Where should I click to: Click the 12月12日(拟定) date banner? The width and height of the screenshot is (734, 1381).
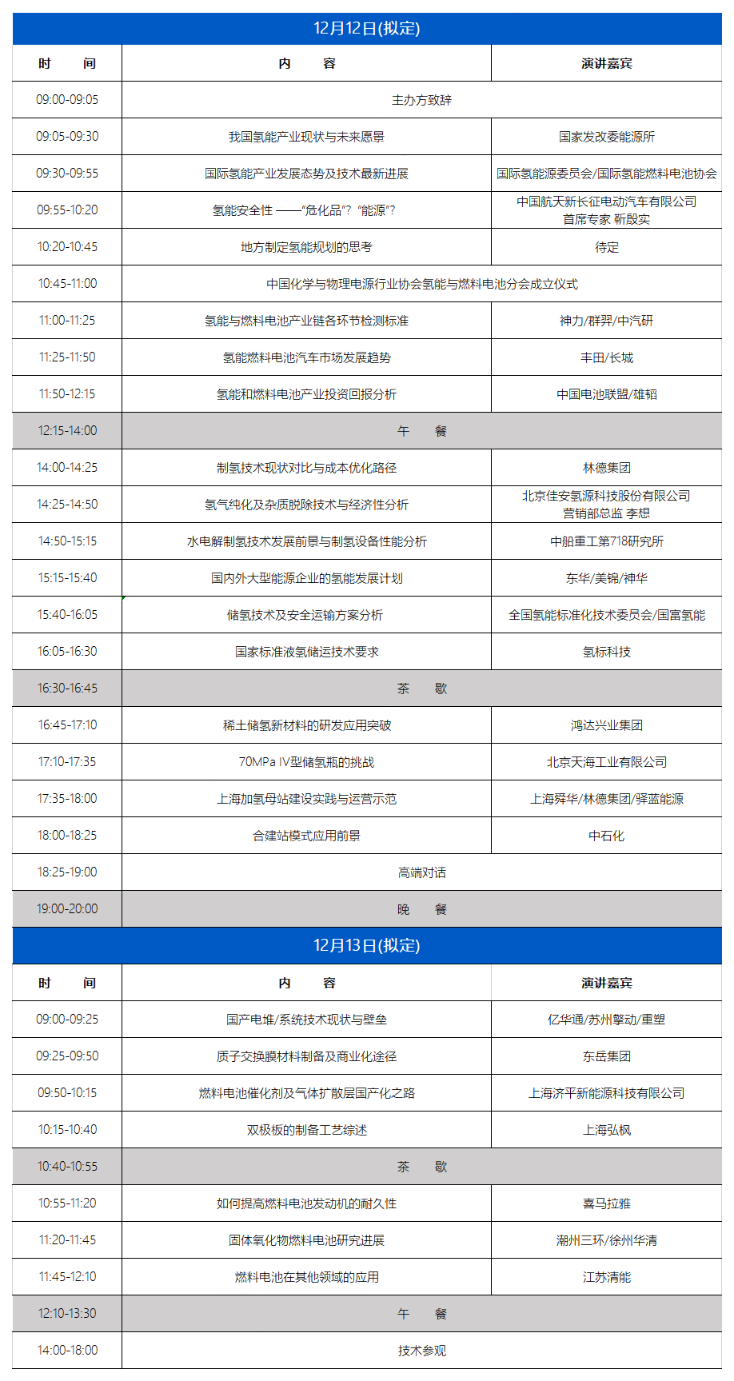click(x=367, y=29)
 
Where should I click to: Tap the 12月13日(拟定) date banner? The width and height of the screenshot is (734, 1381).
click(x=367, y=946)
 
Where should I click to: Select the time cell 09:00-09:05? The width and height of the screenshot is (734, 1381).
click(x=67, y=100)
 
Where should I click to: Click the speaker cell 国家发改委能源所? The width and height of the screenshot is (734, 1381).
click(x=606, y=137)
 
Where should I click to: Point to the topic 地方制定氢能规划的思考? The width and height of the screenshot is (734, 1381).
click(x=306, y=247)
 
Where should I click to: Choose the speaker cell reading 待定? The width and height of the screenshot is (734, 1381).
click(x=606, y=247)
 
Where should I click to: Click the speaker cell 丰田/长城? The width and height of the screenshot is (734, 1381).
click(x=606, y=357)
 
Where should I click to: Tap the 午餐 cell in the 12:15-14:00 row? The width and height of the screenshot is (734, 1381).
click(x=421, y=431)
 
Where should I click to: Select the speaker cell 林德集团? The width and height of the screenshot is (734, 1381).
click(x=606, y=468)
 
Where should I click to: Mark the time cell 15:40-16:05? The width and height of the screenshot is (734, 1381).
click(x=67, y=615)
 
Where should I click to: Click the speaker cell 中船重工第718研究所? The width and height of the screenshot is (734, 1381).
click(x=606, y=541)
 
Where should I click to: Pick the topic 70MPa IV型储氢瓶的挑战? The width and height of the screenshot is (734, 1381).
click(x=306, y=762)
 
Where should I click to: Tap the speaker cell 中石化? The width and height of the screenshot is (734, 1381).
click(x=606, y=836)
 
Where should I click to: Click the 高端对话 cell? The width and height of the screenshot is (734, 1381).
click(x=421, y=872)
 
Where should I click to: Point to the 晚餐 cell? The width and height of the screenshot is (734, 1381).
click(x=421, y=909)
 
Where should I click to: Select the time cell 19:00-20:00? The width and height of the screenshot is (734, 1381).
click(x=67, y=909)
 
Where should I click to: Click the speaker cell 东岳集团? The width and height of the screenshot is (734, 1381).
click(x=606, y=1056)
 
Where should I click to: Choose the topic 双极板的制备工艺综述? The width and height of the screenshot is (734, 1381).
click(x=306, y=1130)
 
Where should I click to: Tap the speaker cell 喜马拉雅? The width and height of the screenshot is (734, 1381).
click(x=606, y=1203)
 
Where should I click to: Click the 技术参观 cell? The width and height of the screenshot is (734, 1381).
click(x=421, y=1351)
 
